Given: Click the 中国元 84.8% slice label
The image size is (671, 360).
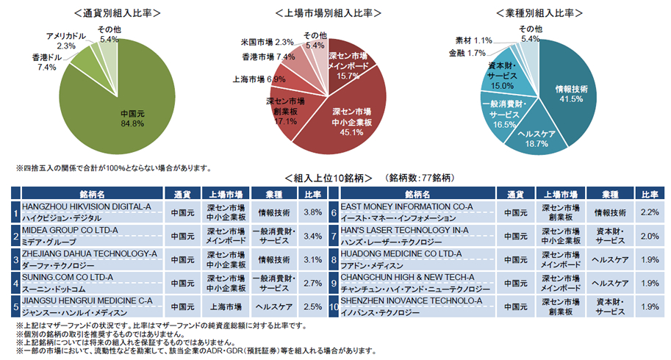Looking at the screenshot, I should tap(132, 118).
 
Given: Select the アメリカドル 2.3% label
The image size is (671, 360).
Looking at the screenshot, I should tap(66, 40).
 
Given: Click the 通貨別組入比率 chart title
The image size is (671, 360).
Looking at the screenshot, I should tap(118, 13).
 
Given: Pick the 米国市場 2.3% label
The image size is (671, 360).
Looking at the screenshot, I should tap(268, 42).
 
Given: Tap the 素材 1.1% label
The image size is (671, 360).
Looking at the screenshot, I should tap(473, 40).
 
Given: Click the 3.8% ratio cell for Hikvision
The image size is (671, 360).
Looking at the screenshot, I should tap(312, 212).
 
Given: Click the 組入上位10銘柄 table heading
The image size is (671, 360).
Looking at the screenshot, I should tap(330, 179).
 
